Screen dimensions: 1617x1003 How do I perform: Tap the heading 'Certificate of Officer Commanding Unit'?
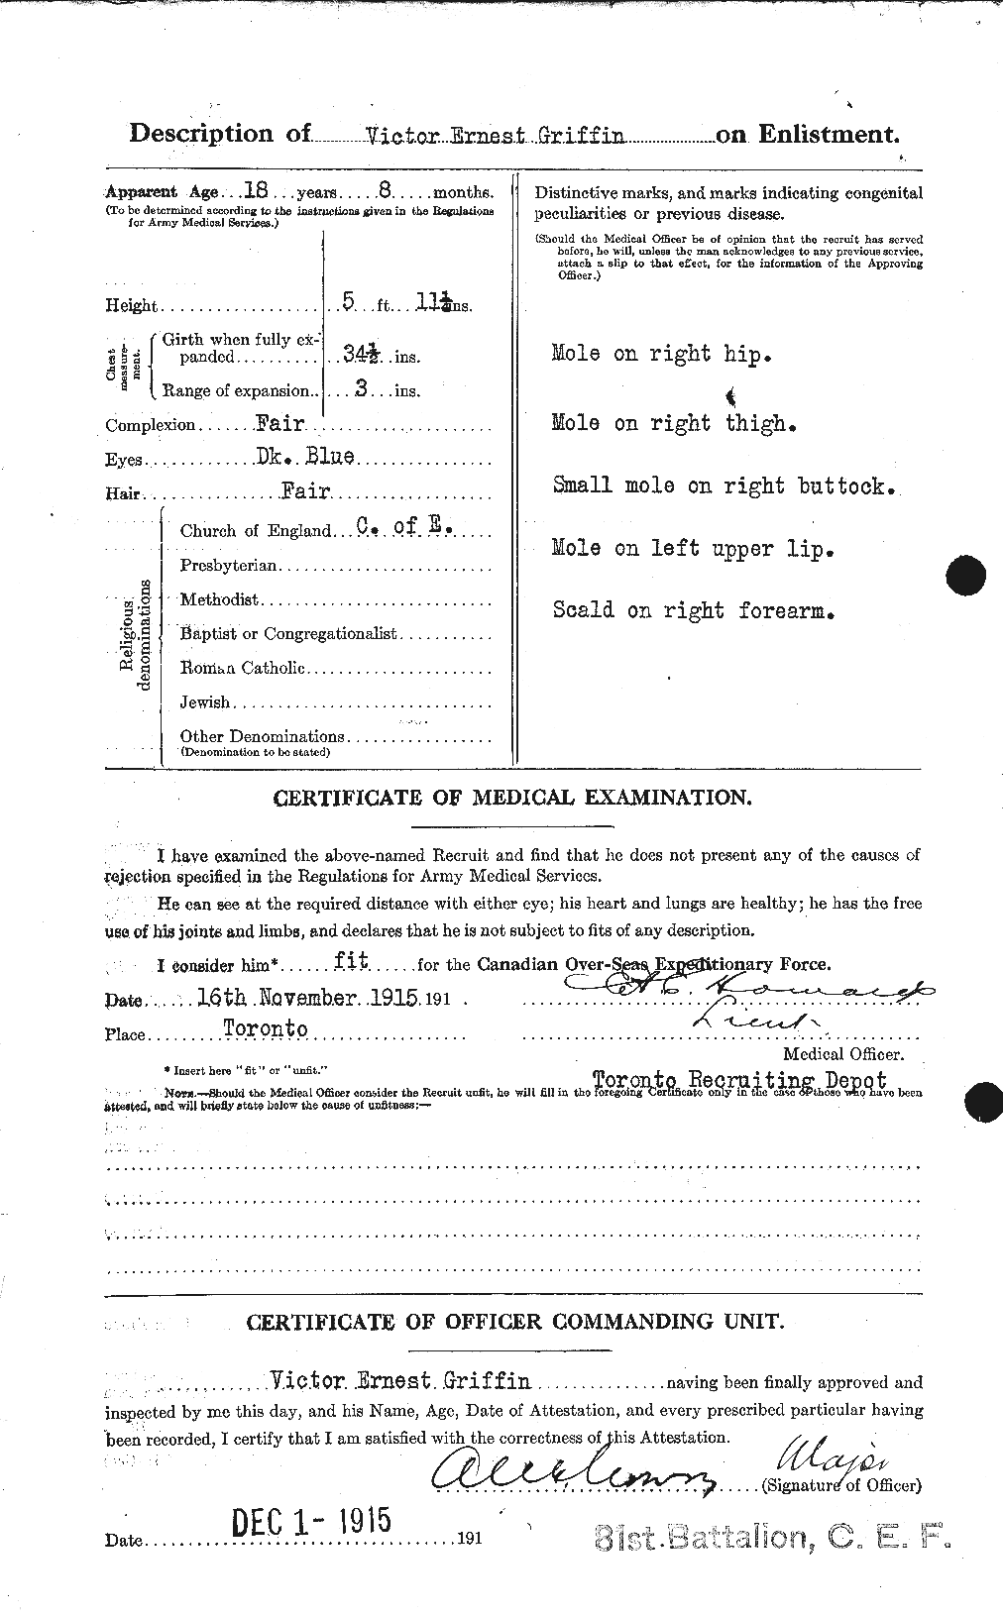pos(514,1322)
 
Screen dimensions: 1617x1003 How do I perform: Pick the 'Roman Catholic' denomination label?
pos(242,669)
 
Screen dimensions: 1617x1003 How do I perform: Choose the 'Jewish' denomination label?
pos(204,702)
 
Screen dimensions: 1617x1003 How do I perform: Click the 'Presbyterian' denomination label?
pos(229,566)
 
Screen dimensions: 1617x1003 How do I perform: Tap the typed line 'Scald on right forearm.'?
pos(693,610)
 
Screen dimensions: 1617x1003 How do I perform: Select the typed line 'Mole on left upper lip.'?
pos(691,549)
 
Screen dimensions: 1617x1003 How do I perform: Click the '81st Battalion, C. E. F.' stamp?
pos(773,1538)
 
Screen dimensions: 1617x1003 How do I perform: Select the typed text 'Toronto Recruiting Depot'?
pos(737,1079)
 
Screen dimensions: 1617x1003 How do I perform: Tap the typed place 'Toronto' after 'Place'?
pos(265,1028)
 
